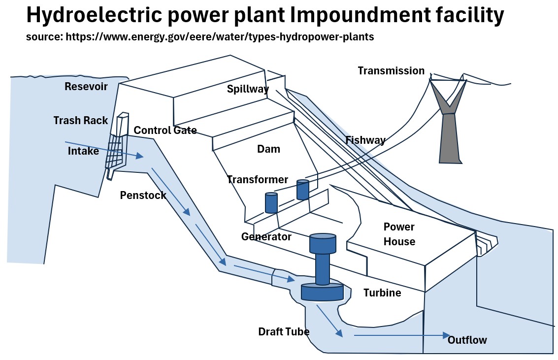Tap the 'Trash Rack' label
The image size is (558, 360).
tap(80, 121)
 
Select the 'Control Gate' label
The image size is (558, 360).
tap(165, 131)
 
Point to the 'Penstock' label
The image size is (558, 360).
tap(143, 196)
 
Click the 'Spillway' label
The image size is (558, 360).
tap(248, 89)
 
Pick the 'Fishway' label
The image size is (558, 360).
tap(365, 140)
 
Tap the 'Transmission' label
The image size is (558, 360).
tap(391, 71)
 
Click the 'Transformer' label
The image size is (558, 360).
tap(257, 180)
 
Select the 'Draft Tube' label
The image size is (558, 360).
tap(284, 331)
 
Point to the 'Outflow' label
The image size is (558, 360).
tap(467, 340)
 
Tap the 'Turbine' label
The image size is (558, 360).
tap(382, 293)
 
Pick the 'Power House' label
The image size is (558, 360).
tap(399, 234)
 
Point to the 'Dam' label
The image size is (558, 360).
tap(268, 149)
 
